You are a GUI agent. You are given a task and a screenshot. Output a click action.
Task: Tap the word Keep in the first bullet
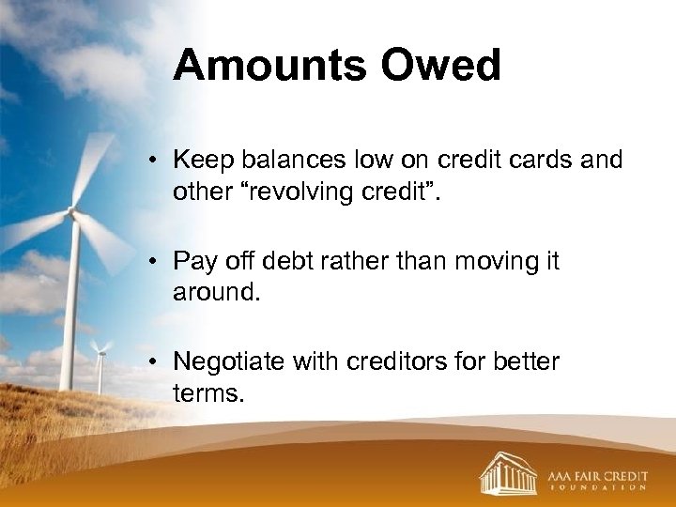coord(200,161)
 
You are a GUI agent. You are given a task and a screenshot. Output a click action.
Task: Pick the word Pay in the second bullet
coord(194,261)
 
